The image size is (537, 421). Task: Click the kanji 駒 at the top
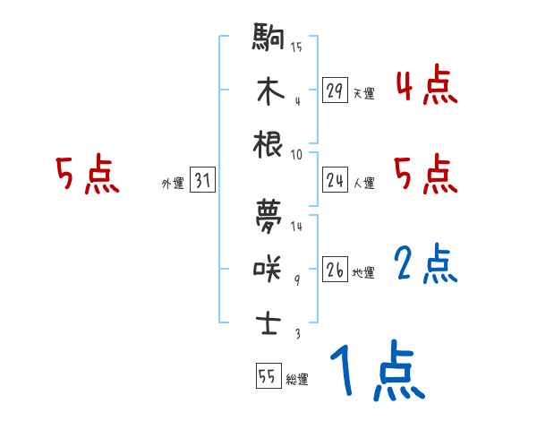click(268, 40)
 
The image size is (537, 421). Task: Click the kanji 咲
click(268, 267)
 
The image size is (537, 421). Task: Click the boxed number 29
click(335, 90)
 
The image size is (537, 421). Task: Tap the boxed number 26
click(335, 270)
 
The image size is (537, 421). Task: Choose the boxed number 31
click(202, 181)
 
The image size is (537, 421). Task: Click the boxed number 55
click(267, 376)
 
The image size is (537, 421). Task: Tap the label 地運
click(363, 272)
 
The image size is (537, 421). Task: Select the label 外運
click(173, 184)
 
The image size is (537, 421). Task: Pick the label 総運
click(296, 380)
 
